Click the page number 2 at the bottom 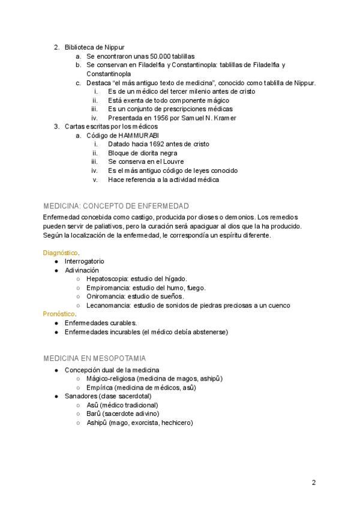pos(314,483)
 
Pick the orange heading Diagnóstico pos(60,253)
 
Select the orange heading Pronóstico pos(59,314)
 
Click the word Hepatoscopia pos(107,279)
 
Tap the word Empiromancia pos(107,288)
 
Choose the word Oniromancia pos(105,296)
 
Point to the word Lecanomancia pos(107,305)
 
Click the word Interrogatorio pos(84,262)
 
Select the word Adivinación pos(82,270)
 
